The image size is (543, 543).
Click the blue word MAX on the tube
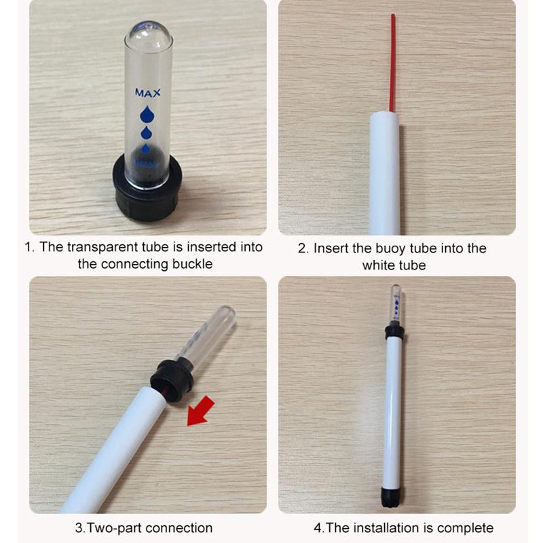click(x=147, y=92)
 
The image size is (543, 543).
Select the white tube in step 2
click(x=385, y=170)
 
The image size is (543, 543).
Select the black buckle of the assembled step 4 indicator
click(x=393, y=331)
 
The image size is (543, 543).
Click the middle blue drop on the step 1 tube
click(x=146, y=132)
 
